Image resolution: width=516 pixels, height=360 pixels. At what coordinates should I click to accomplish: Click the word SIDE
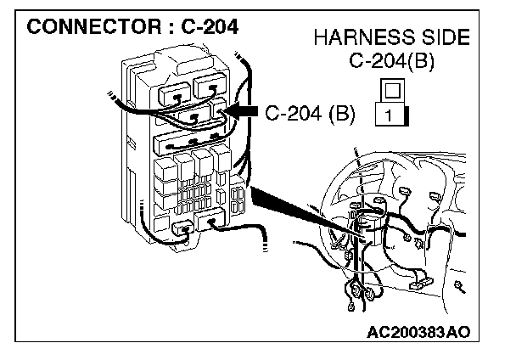[439, 39]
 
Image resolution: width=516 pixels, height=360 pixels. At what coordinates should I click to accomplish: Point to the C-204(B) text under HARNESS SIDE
[392, 62]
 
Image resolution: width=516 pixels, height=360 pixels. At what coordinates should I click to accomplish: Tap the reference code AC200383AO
[419, 331]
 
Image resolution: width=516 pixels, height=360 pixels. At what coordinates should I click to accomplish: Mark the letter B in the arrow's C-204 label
[340, 111]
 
